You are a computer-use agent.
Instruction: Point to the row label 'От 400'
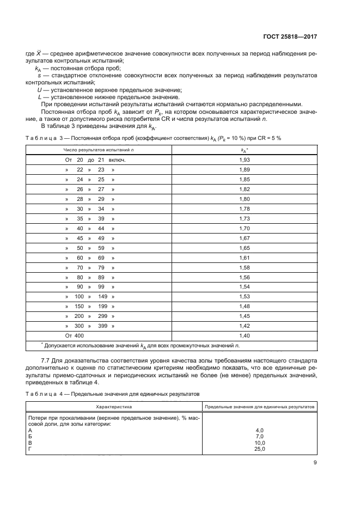click(75, 336)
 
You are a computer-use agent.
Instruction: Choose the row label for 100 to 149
click(90, 297)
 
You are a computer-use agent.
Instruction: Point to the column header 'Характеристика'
click(114, 407)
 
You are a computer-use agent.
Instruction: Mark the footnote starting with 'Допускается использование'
click(142, 346)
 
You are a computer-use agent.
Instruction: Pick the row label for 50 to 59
click(90, 248)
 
